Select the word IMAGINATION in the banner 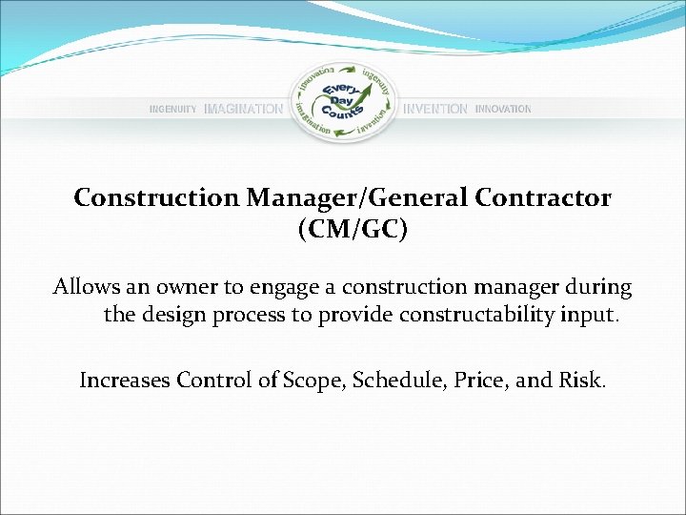(244, 110)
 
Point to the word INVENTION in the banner (435, 110)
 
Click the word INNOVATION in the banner (503, 110)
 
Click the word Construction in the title (157, 197)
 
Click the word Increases (123, 381)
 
